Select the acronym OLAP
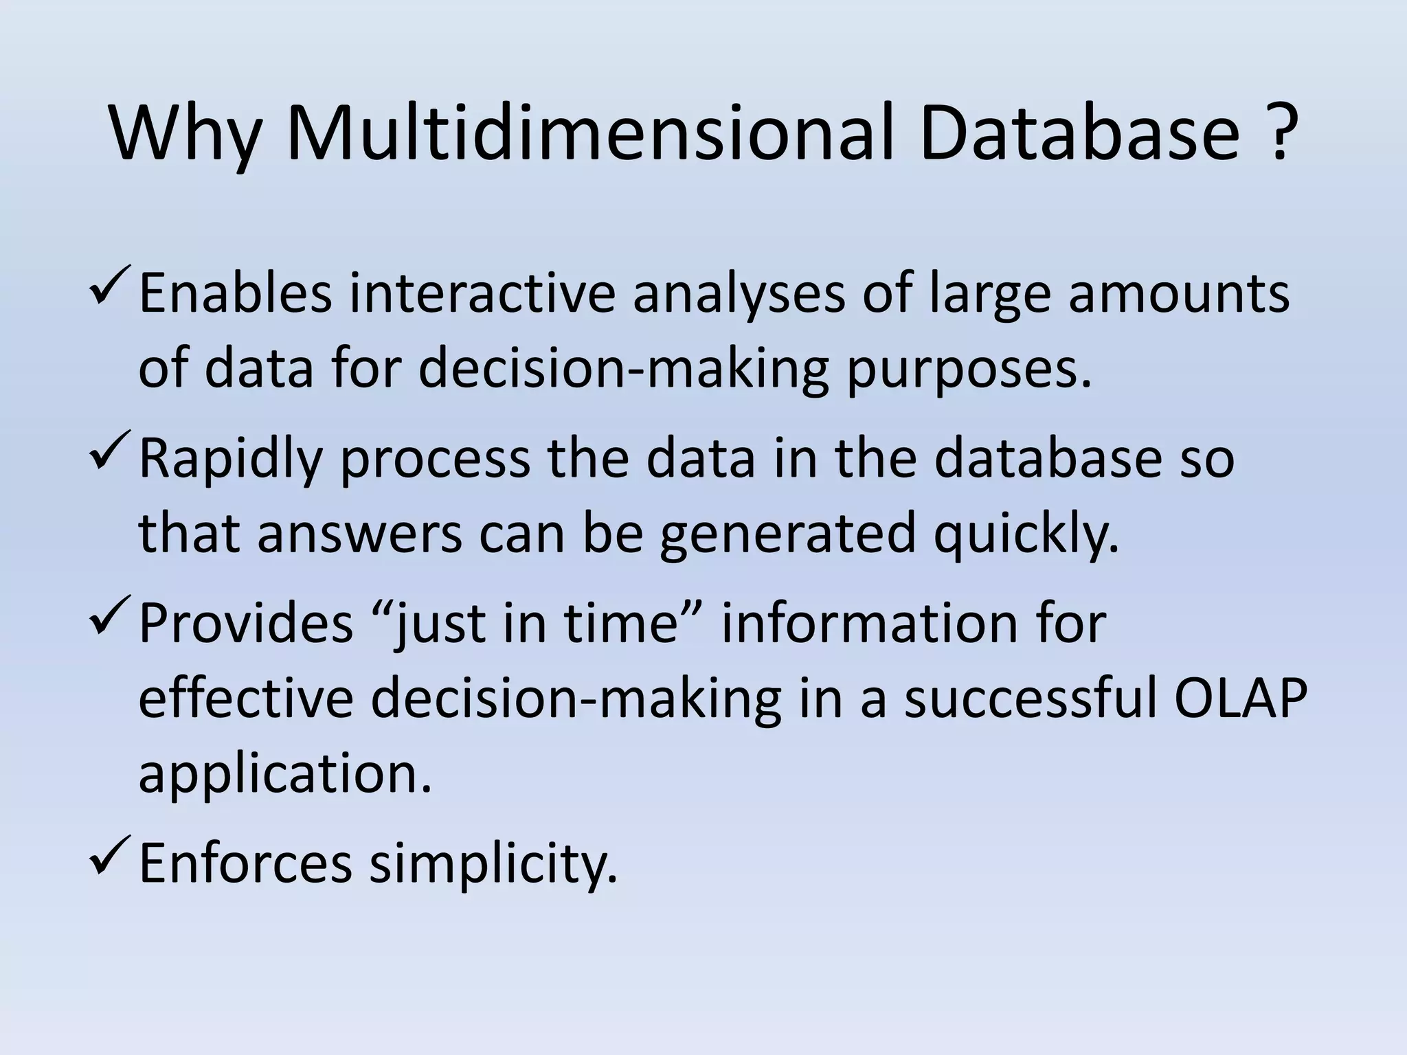(1239, 699)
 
